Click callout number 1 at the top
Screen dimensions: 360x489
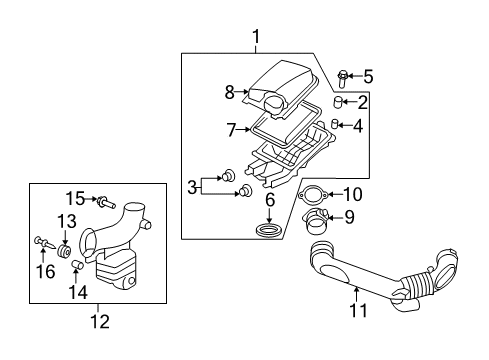pyautogui.click(x=256, y=38)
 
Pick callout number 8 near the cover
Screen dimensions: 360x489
pyautogui.click(x=229, y=93)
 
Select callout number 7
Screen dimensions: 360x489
pyautogui.click(x=230, y=130)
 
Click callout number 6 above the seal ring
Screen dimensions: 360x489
pyautogui.click(x=269, y=200)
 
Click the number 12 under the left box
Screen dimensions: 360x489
pyautogui.click(x=97, y=320)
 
